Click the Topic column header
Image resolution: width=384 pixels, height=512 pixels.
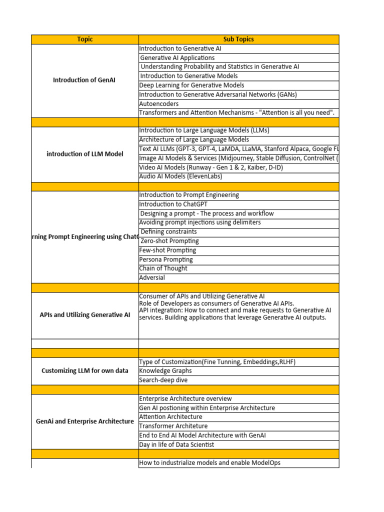coord(85,39)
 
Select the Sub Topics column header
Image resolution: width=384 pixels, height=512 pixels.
coord(238,39)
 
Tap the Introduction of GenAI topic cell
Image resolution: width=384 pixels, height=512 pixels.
coord(84,80)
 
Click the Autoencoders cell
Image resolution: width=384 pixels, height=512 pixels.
coord(159,103)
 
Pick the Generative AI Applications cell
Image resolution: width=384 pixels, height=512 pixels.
coord(177,58)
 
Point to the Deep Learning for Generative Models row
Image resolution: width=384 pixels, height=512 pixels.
coord(191,85)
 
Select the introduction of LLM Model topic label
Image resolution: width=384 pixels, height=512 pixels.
coord(84,154)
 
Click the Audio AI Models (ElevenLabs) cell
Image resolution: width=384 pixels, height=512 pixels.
coord(180,176)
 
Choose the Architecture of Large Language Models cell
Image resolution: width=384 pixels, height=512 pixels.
coord(194,140)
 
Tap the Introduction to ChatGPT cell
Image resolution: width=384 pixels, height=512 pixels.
coord(173,204)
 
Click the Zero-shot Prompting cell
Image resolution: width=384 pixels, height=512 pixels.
coord(169,241)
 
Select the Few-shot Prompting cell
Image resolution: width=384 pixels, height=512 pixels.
coord(167,250)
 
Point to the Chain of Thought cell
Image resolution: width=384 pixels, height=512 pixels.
coord(163,268)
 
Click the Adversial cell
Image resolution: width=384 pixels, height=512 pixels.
coord(152,277)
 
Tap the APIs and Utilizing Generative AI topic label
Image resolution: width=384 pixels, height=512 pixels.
coord(84,315)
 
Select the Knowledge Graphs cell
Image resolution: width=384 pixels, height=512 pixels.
coord(165,371)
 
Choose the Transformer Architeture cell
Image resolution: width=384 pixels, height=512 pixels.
coord(173,426)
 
